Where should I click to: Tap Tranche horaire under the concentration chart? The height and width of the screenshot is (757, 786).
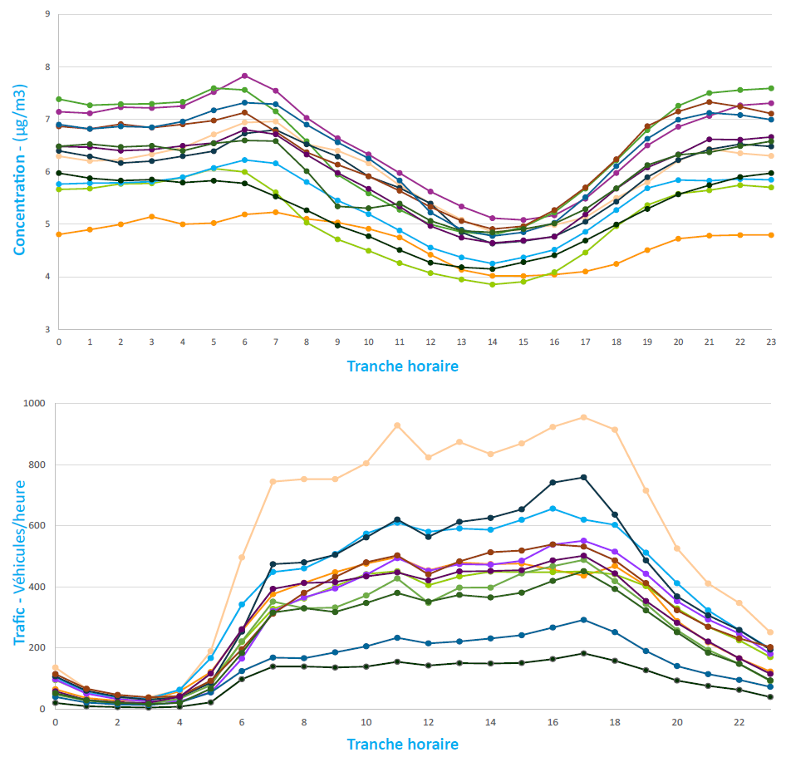tap(402, 366)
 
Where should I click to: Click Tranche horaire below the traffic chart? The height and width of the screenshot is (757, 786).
tap(402, 744)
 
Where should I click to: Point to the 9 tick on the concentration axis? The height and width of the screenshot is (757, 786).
tap(47, 15)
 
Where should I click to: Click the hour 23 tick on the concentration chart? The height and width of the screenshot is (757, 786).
tap(772, 341)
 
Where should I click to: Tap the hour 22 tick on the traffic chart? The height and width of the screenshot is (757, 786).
tap(739, 722)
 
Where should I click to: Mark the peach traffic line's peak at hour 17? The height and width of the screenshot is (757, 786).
tap(584, 417)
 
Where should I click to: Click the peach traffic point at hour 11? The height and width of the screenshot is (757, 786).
tap(397, 425)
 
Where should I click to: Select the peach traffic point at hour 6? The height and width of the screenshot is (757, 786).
tap(242, 558)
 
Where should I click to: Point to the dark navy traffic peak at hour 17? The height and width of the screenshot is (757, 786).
tap(584, 477)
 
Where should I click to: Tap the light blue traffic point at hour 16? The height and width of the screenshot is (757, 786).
tap(553, 509)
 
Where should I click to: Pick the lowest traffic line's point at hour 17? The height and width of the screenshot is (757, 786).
tap(584, 653)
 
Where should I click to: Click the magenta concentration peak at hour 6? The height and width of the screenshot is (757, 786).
tap(244, 76)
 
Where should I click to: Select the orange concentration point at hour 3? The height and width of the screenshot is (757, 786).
tap(151, 217)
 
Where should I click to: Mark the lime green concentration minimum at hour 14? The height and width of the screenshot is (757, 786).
tap(493, 284)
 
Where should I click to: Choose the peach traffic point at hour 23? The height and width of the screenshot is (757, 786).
tap(769, 632)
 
